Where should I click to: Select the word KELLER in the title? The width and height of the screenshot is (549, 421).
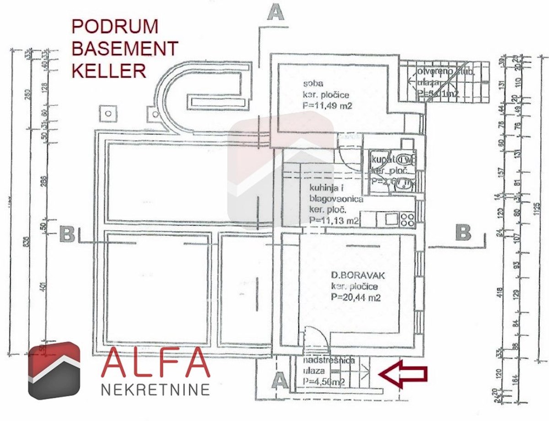tap(109, 70)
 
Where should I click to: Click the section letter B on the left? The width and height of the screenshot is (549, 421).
tap(67, 234)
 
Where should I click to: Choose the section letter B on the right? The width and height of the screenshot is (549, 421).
tap(463, 233)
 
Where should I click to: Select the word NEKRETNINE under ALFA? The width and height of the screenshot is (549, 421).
tap(155, 390)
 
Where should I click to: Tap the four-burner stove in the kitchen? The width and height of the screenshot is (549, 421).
tap(407, 219)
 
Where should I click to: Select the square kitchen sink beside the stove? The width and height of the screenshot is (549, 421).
tap(391, 219)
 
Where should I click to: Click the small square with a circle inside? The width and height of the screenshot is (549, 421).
tap(108, 113)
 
